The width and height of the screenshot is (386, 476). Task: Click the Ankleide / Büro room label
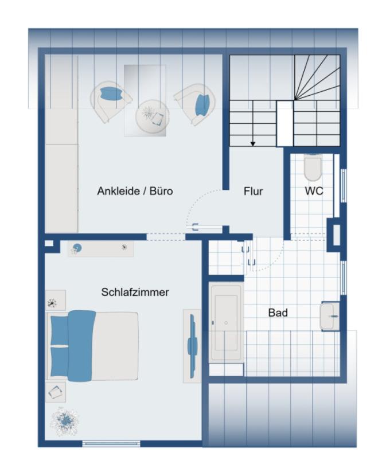[135, 191]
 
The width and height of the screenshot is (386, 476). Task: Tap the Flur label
[253, 191]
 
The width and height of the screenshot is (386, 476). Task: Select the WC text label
[314, 191]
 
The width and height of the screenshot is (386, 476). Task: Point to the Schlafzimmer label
[135, 292]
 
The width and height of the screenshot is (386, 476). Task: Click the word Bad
[278, 313]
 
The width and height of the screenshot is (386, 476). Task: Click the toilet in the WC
[313, 167]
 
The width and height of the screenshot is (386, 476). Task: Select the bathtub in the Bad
[226, 322]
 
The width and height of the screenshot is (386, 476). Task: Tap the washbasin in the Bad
[330, 316]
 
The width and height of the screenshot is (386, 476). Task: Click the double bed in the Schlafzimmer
[93, 345]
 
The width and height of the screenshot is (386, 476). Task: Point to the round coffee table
[152, 116]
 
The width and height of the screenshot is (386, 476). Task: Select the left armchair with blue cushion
[110, 101]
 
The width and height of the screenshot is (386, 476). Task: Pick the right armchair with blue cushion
[196, 104]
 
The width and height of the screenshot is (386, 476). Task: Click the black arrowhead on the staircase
[253, 144]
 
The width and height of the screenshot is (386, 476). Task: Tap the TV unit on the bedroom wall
[192, 346]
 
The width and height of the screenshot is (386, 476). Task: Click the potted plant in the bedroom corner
[65, 421]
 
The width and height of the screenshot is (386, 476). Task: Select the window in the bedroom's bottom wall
[111, 443]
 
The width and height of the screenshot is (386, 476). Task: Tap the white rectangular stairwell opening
[285, 123]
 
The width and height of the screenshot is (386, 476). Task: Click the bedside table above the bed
[56, 300]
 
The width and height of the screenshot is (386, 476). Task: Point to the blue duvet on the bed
[80, 345]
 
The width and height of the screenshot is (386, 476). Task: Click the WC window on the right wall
[344, 185]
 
